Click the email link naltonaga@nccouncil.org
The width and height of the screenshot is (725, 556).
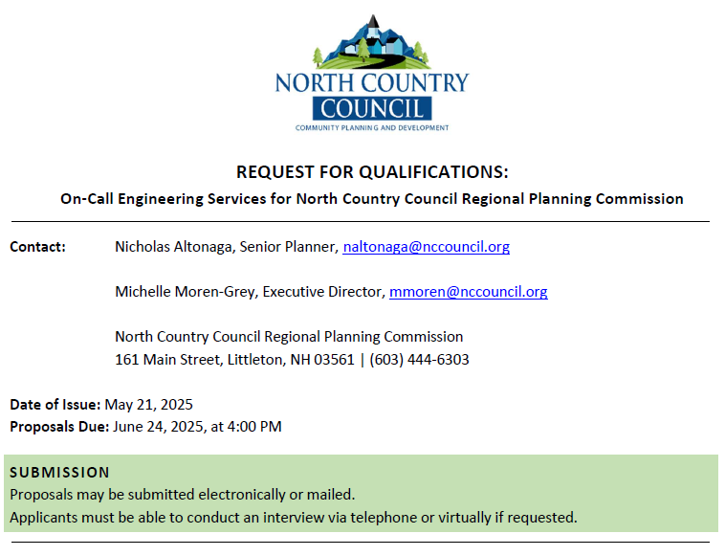pyautogui.click(x=426, y=247)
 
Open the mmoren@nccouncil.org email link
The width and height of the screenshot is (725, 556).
pyautogui.click(x=468, y=292)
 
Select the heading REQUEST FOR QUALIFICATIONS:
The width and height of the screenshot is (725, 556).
pyautogui.click(x=372, y=172)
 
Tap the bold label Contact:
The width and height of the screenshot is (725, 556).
pyautogui.click(x=37, y=247)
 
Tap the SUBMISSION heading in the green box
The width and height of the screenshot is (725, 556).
pyautogui.click(x=59, y=472)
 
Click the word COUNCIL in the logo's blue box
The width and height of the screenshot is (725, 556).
pyautogui.click(x=372, y=108)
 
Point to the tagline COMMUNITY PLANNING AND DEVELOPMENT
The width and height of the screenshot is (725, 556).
pyautogui.click(x=372, y=127)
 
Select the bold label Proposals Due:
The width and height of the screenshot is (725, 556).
pyautogui.click(x=59, y=427)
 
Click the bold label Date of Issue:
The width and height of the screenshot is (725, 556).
pyautogui.click(x=55, y=405)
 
